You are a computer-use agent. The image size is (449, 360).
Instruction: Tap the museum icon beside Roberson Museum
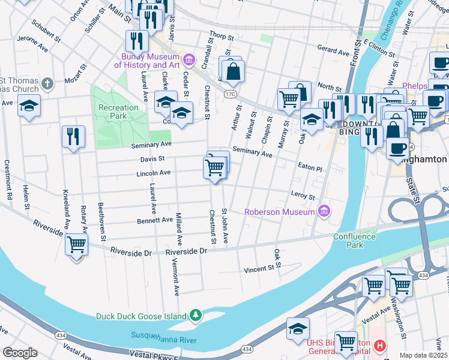coord(324,211)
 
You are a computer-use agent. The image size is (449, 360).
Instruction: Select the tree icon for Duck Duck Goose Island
coord(195,315)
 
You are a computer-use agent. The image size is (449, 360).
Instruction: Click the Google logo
coord(20,353)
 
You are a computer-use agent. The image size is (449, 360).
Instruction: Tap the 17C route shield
coord(230,94)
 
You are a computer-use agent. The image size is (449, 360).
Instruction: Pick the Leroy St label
coord(303,196)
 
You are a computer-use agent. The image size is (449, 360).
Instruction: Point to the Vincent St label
coord(262,270)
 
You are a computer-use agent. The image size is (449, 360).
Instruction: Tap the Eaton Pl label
coord(310,169)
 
